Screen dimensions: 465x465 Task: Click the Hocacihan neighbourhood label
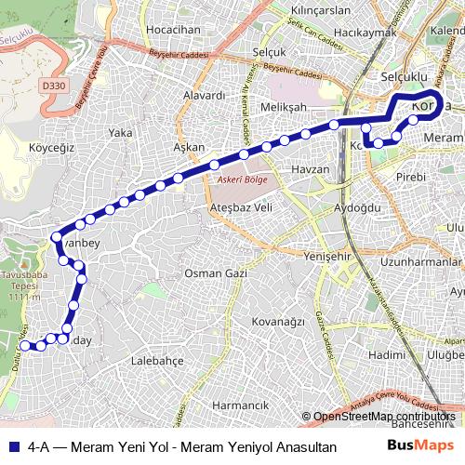pyautogui.click(x=174, y=30)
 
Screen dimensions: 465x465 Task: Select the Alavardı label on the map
pyautogui.click(x=205, y=95)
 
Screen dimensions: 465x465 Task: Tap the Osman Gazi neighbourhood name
pyautogui.click(x=215, y=273)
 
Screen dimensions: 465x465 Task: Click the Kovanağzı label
pyautogui.click(x=278, y=321)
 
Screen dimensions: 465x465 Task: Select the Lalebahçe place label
pyautogui.click(x=158, y=360)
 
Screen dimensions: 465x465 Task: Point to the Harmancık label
pyautogui.click(x=240, y=405)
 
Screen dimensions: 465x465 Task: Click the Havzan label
pyautogui.click(x=311, y=169)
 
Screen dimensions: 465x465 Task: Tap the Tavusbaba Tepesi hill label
pyautogui.click(x=23, y=278)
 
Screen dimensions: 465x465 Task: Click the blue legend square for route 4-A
pyautogui.click(x=13, y=446)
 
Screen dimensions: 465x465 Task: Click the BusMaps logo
pyautogui.click(x=421, y=445)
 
